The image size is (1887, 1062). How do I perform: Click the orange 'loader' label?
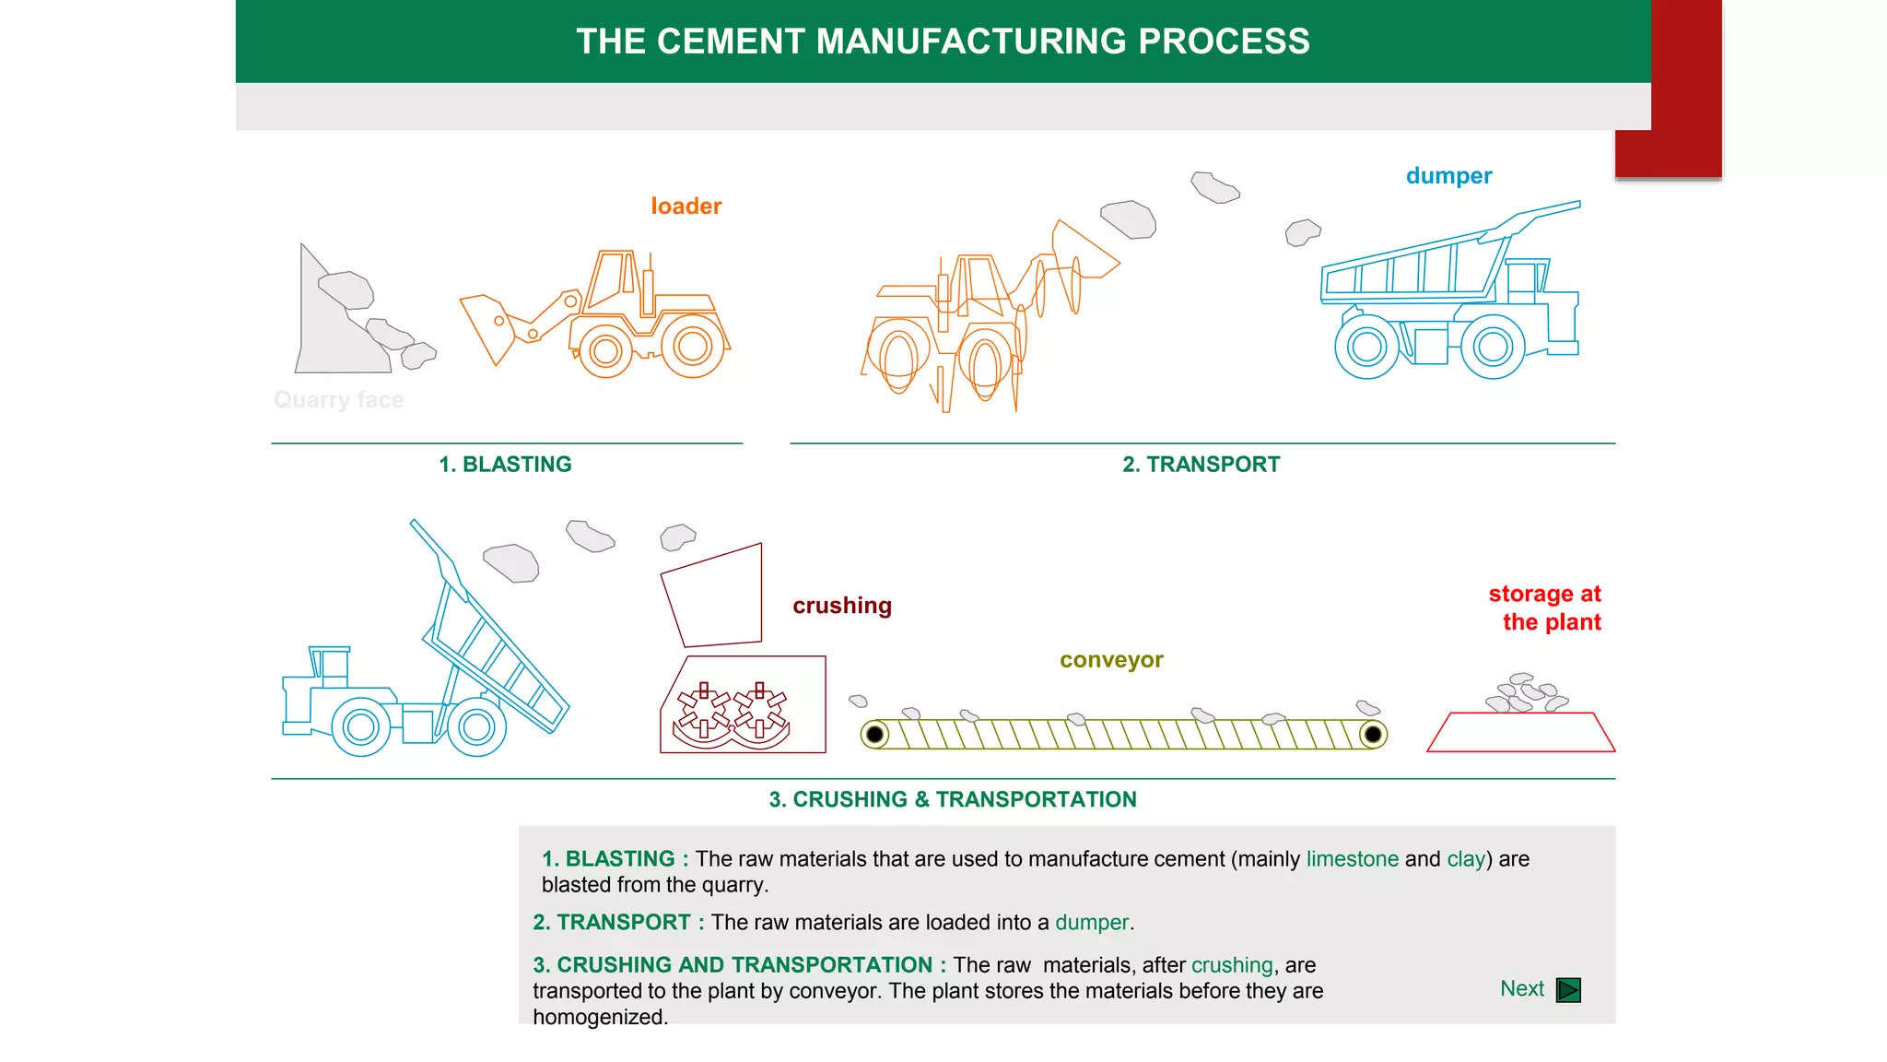pos(686,206)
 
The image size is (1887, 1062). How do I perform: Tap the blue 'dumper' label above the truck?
pos(1447,175)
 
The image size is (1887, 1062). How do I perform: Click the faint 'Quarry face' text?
pos(338,399)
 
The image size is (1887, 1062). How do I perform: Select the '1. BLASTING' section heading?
pos(505,464)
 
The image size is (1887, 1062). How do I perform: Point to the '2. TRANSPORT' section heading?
pos(1201,464)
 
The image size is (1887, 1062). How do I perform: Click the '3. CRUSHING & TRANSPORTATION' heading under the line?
pos(953,799)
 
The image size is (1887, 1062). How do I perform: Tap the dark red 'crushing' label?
pos(841,606)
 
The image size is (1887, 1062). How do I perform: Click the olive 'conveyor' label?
pos(1111,660)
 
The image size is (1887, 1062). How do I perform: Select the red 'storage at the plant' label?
pos(1545,608)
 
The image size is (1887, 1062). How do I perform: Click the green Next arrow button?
pos(1567,989)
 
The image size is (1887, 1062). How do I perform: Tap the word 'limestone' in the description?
pos(1352,858)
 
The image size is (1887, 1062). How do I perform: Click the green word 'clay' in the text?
pos(1466,858)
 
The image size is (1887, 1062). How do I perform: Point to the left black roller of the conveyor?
pos(875,735)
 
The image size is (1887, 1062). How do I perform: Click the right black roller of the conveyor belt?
pos(1372,735)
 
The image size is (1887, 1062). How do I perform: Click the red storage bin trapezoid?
pos(1520,733)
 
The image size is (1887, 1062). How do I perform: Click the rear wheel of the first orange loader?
pos(692,347)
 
